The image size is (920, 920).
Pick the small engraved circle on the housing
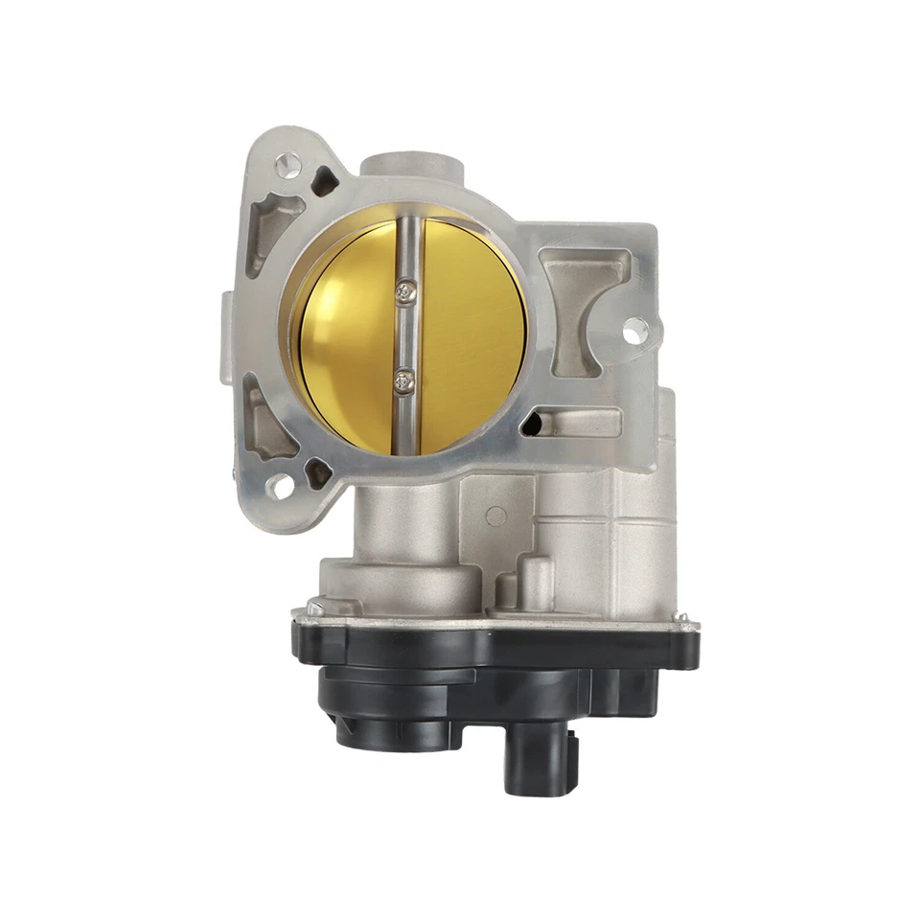(x=495, y=516)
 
